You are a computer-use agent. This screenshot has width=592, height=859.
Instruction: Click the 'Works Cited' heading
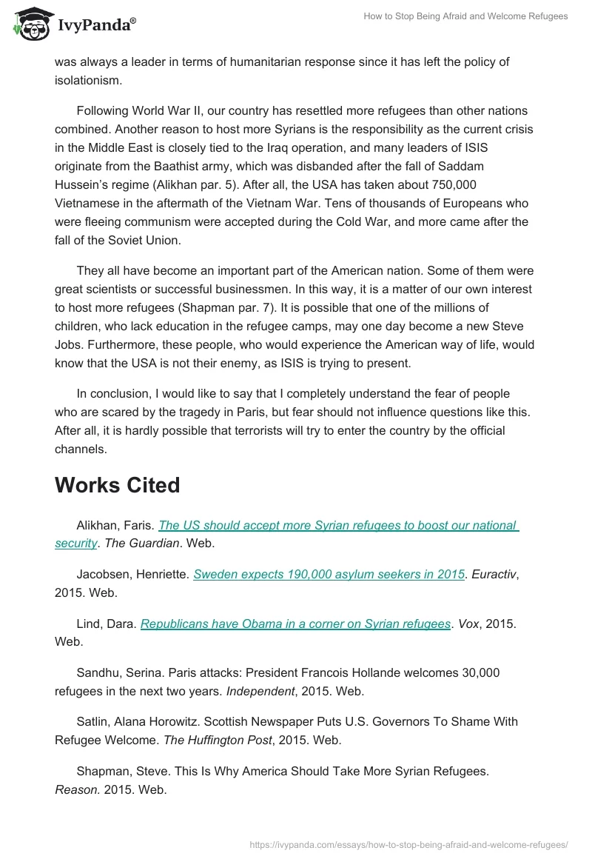117,485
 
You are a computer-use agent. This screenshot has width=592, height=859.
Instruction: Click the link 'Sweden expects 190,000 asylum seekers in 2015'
329,574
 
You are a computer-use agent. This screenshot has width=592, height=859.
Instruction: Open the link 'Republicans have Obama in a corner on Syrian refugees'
295,624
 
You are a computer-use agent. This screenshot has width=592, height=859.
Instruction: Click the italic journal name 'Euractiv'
493,574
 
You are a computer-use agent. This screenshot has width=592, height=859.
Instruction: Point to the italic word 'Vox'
469,624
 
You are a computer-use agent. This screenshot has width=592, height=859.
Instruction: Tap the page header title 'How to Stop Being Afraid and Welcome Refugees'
465,16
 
